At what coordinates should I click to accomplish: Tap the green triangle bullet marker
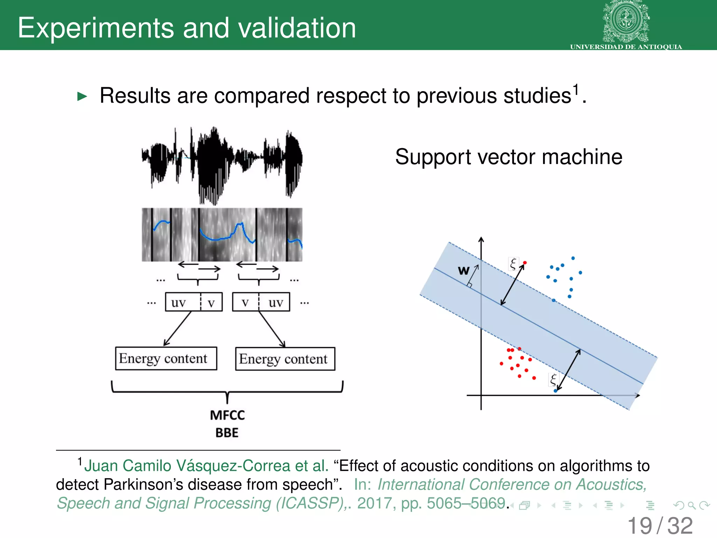(82, 96)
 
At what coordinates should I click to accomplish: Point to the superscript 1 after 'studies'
(575, 89)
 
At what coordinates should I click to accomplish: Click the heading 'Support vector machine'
(509, 157)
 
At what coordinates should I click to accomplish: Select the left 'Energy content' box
(166, 358)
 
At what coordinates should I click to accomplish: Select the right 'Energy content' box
(285, 359)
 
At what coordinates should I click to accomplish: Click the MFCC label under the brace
(227, 415)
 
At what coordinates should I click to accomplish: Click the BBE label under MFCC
(227, 433)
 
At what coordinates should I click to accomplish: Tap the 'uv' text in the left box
(178, 303)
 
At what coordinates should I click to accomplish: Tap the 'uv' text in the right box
(276, 303)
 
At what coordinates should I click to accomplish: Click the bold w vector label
(463, 270)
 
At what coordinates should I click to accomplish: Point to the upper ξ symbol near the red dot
(513, 264)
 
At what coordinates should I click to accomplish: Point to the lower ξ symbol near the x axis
(553, 380)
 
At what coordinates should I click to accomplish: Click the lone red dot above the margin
(525, 263)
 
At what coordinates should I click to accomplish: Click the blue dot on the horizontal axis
(555, 391)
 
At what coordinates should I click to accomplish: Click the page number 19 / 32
(660, 526)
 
